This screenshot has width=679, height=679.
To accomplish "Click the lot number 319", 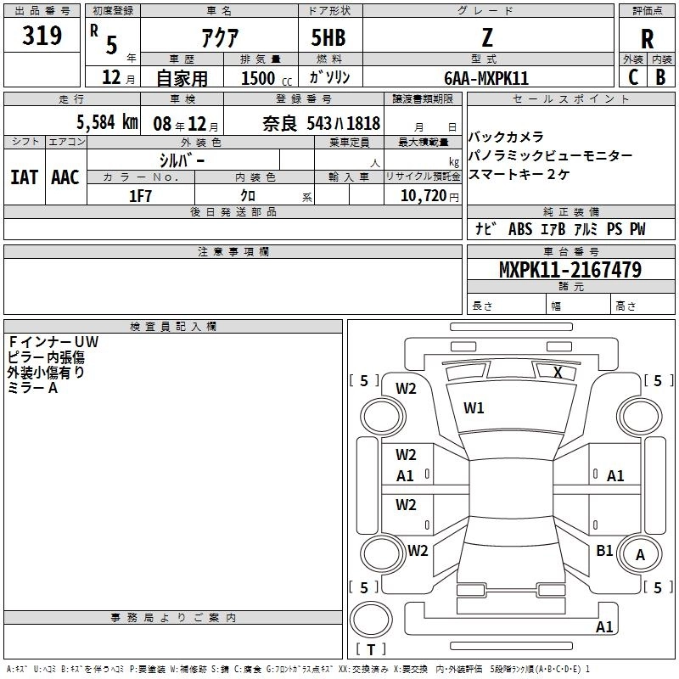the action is coord(42,35).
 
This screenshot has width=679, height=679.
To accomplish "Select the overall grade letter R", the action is coord(647,39).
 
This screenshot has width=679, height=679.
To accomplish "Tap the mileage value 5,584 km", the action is coord(108,122).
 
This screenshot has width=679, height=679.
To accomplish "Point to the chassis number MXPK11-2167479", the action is coord(570,269).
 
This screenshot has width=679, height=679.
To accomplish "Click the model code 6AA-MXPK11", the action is coord(486,78).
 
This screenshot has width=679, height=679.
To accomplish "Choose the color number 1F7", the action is coord(140,196).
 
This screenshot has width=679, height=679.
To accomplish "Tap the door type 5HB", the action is coord(328,37).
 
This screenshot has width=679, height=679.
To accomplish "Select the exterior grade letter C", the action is coord(633,77).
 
